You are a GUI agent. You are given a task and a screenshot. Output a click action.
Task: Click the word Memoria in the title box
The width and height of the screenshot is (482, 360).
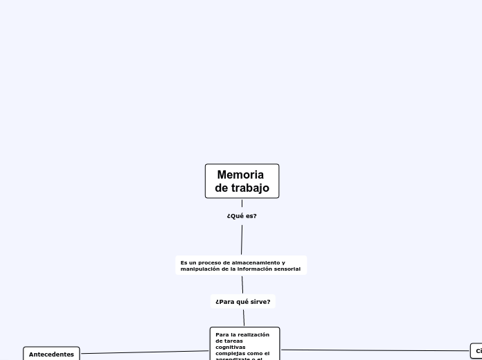(x=240, y=175)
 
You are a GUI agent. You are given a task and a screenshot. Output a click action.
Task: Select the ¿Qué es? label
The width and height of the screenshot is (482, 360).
(x=242, y=216)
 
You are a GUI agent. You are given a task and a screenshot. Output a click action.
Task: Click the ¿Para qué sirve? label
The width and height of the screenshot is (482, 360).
(x=243, y=302)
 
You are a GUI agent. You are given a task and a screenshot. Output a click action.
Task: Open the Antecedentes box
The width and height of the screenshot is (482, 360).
(x=51, y=354)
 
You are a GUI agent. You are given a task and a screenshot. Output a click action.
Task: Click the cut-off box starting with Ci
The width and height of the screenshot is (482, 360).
(x=478, y=351)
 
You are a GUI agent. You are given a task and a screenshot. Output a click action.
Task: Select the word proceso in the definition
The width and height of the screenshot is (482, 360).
(x=210, y=263)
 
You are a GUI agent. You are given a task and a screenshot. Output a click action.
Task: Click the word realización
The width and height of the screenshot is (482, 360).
(x=253, y=334)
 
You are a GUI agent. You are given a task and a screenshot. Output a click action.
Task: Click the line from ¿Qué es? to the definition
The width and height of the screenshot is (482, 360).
(x=242, y=239)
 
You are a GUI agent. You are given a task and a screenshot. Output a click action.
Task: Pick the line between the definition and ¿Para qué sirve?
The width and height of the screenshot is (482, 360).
(x=242, y=285)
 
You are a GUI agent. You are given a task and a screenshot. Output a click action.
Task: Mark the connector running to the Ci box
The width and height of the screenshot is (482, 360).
(x=374, y=350)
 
